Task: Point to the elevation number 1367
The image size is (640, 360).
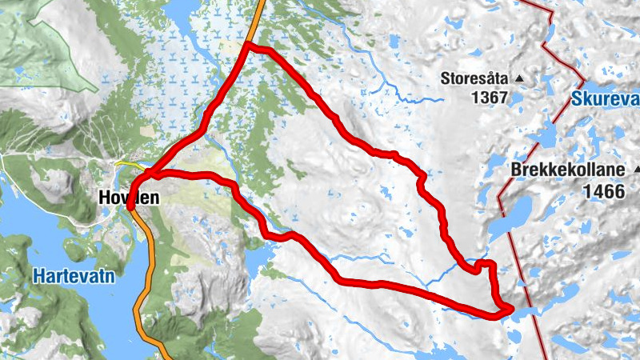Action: tap(490, 98)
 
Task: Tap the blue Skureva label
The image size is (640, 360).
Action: tap(606, 99)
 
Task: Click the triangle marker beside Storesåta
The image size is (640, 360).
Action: tap(518, 78)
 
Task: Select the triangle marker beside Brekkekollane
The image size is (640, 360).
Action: tap(637, 170)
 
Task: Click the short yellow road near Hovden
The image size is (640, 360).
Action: tap(126, 164)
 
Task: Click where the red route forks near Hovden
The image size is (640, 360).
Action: tap(149, 174)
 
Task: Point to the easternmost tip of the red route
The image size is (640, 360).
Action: tap(510, 307)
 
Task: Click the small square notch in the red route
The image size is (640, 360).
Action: tap(483, 263)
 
